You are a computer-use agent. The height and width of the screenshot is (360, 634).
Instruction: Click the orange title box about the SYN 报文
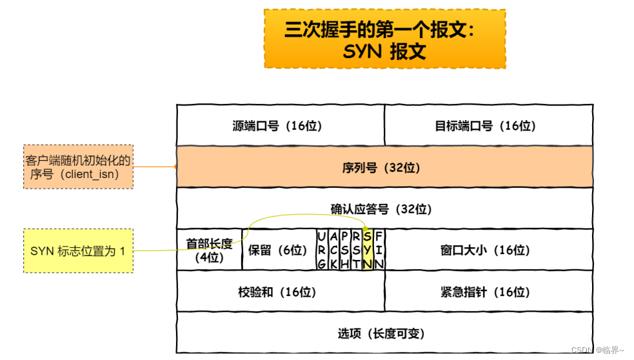coord(384,39)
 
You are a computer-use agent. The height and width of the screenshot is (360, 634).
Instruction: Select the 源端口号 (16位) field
coord(280,125)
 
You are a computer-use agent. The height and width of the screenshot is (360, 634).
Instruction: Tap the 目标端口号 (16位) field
coord(488,125)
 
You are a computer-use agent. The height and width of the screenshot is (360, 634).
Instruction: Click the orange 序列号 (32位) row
coord(384,167)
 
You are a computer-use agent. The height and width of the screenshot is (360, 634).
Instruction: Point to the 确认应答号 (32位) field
coord(384,208)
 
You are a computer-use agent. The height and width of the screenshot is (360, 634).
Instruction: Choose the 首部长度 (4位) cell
coord(209,250)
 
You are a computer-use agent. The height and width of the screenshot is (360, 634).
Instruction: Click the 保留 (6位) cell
coord(279,250)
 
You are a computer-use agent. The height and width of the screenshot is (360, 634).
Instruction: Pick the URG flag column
coord(322,250)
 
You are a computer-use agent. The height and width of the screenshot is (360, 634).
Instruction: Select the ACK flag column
coord(333,250)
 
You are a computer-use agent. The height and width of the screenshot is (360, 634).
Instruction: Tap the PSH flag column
coord(345,250)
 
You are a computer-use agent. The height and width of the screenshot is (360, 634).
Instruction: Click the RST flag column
coord(356,250)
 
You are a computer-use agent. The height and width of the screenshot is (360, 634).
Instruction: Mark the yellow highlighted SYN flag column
coord(368,250)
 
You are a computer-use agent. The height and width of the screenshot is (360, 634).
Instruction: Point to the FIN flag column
coord(379,250)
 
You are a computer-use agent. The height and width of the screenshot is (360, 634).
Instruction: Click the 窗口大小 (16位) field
coord(488,250)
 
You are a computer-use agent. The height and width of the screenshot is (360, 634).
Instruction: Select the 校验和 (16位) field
coord(280,292)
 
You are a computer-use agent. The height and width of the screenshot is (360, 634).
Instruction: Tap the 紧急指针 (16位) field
coord(488,292)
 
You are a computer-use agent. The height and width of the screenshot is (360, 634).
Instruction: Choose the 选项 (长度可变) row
coord(384,333)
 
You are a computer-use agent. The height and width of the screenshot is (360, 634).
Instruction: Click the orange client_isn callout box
coord(78,167)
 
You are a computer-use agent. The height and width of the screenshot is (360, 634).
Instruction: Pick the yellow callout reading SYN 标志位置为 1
coord(78,250)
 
